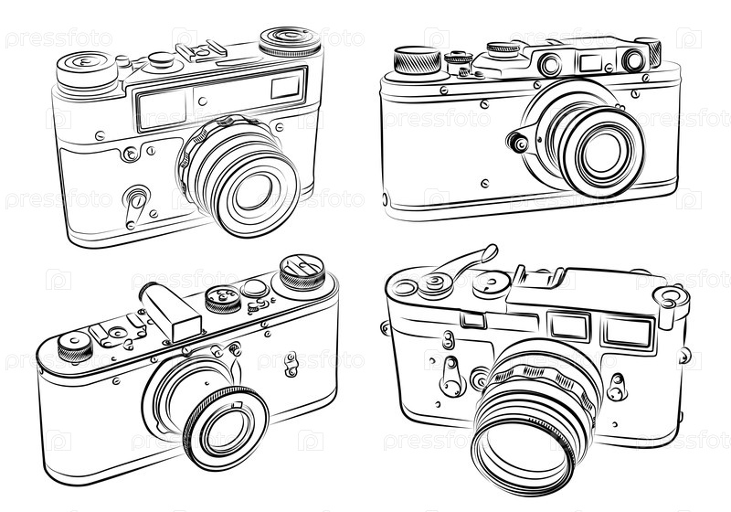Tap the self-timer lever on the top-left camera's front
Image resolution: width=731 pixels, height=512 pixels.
tap(134, 206)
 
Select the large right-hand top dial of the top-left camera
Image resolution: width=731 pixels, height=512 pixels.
tap(290, 41)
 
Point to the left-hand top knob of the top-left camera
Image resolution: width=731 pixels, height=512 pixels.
tap(86, 71)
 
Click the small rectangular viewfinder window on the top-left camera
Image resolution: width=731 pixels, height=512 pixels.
tap(285, 87)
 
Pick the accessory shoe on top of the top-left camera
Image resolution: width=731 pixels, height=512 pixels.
tap(201, 51)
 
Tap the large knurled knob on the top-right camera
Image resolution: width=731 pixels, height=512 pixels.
tap(418, 59)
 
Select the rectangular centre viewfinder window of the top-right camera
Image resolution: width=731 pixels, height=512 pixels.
tap(591, 62)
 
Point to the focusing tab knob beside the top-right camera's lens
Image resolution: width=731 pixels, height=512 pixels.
tap(518, 143)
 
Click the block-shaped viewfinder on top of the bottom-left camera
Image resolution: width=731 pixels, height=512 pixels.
tap(170, 312)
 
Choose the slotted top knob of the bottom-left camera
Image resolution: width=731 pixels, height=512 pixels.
tap(302, 272)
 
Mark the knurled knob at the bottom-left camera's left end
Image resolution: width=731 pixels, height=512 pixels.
tap(75, 347)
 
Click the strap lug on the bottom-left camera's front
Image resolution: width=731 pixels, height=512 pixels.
tap(291, 364)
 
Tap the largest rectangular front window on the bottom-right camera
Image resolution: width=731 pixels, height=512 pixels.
tap(628, 331)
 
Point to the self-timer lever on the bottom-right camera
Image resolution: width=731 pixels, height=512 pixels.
tap(451, 377)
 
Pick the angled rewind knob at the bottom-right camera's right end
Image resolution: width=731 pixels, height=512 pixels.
tap(671, 304)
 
